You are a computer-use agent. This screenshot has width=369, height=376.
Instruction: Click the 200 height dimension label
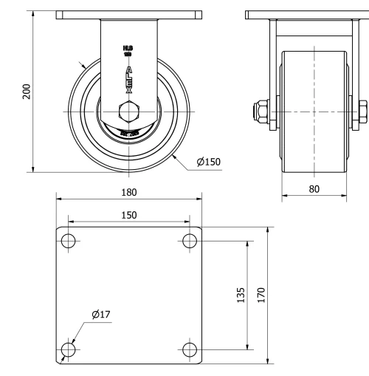27,91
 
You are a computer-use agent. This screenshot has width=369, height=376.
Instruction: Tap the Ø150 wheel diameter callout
209,162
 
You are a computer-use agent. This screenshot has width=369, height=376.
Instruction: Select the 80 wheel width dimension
315,188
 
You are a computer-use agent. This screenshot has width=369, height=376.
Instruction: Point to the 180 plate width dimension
128,192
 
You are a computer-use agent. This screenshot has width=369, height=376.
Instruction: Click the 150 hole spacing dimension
128,214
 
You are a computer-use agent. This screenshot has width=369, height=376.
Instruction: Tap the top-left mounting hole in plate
68,241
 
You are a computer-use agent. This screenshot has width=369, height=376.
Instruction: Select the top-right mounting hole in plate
189,241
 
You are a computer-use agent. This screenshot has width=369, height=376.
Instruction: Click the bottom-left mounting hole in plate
68,349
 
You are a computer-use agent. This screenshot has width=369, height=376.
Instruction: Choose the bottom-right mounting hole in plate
189,349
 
